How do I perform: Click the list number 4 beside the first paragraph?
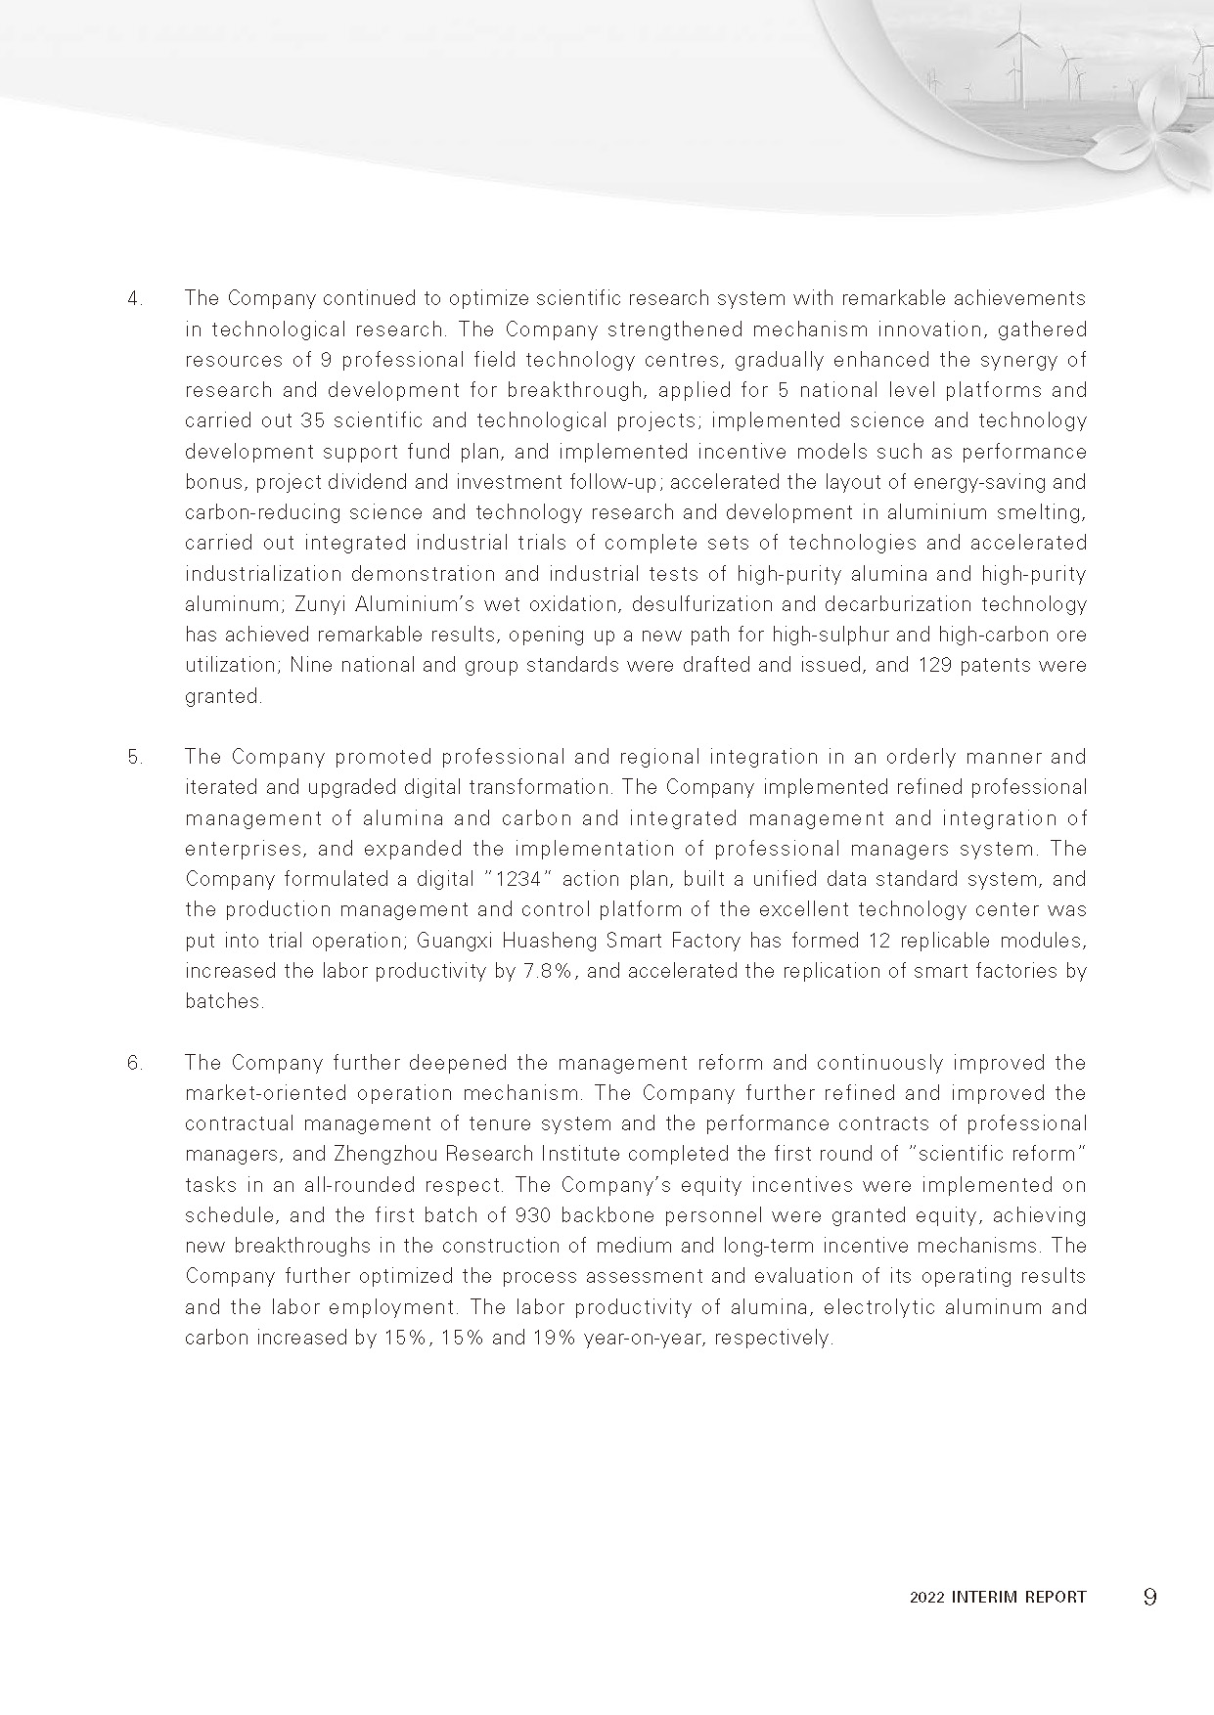coord(134,298)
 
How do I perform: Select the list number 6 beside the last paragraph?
coord(134,1063)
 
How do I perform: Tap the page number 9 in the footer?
coord(1149,1597)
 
